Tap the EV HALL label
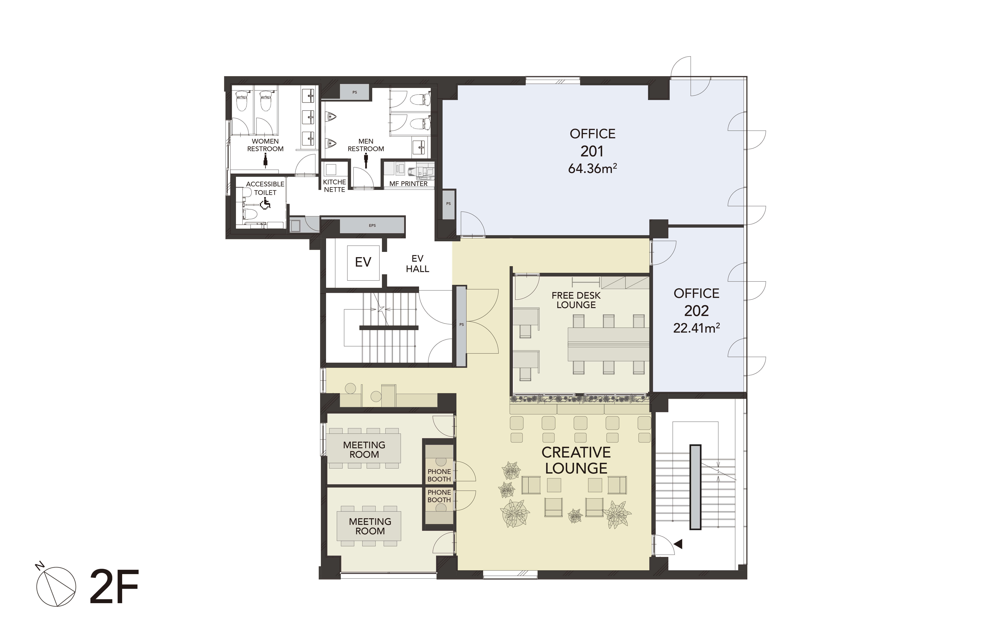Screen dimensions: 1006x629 [x=417, y=264]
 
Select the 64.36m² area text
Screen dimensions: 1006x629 [x=592, y=168]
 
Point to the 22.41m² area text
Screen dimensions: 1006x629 [x=696, y=328]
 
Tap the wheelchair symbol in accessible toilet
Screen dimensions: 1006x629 [x=265, y=203]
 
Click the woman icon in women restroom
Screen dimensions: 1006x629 [x=265, y=160]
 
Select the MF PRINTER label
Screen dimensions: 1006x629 [x=408, y=183]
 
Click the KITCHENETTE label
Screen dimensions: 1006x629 [x=335, y=185]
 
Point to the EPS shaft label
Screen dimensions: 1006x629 [x=372, y=225]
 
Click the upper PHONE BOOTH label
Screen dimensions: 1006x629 [x=439, y=475]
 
